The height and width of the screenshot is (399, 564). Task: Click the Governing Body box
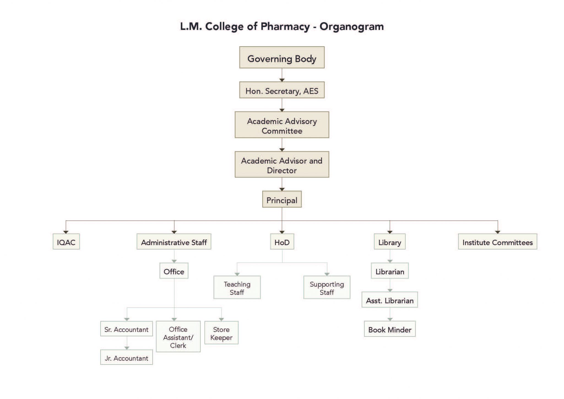click(x=282, y=57)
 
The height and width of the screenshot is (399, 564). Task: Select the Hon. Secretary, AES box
click(x=282, y=90)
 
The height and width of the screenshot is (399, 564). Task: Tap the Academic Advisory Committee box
click(x=282, y=125)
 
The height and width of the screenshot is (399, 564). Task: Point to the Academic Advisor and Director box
click(x=282, y=164)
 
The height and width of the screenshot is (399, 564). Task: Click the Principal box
click(x=282, y=199)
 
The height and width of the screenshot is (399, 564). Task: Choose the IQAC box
click(x=66, y=242)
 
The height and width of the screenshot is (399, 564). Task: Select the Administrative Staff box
click(x=174, y=242)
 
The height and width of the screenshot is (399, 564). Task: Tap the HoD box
click(x=282, y=242)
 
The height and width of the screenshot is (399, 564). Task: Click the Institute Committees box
click(x=497, y=242)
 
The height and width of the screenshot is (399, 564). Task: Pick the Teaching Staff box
click(x=237, y=287)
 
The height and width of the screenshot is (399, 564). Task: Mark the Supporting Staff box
click(x=327, y=287)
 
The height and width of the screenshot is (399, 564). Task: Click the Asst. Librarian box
click(x=390, y=300)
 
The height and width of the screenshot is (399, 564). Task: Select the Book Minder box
click(x=390, y=329)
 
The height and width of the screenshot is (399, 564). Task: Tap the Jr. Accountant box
click(x=126, y=357)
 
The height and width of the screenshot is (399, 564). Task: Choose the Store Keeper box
click(x=221, y=333)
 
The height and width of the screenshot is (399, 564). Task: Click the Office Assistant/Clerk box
click(x=178, y=336)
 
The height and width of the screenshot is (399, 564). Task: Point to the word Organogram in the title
click(x=351, y=26)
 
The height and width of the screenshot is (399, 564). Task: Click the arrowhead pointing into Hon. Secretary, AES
click(x=282, y=80)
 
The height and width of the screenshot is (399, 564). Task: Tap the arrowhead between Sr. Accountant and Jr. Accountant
click(x=127, y=348)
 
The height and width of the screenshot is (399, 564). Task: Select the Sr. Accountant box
click(x=126, y=329)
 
